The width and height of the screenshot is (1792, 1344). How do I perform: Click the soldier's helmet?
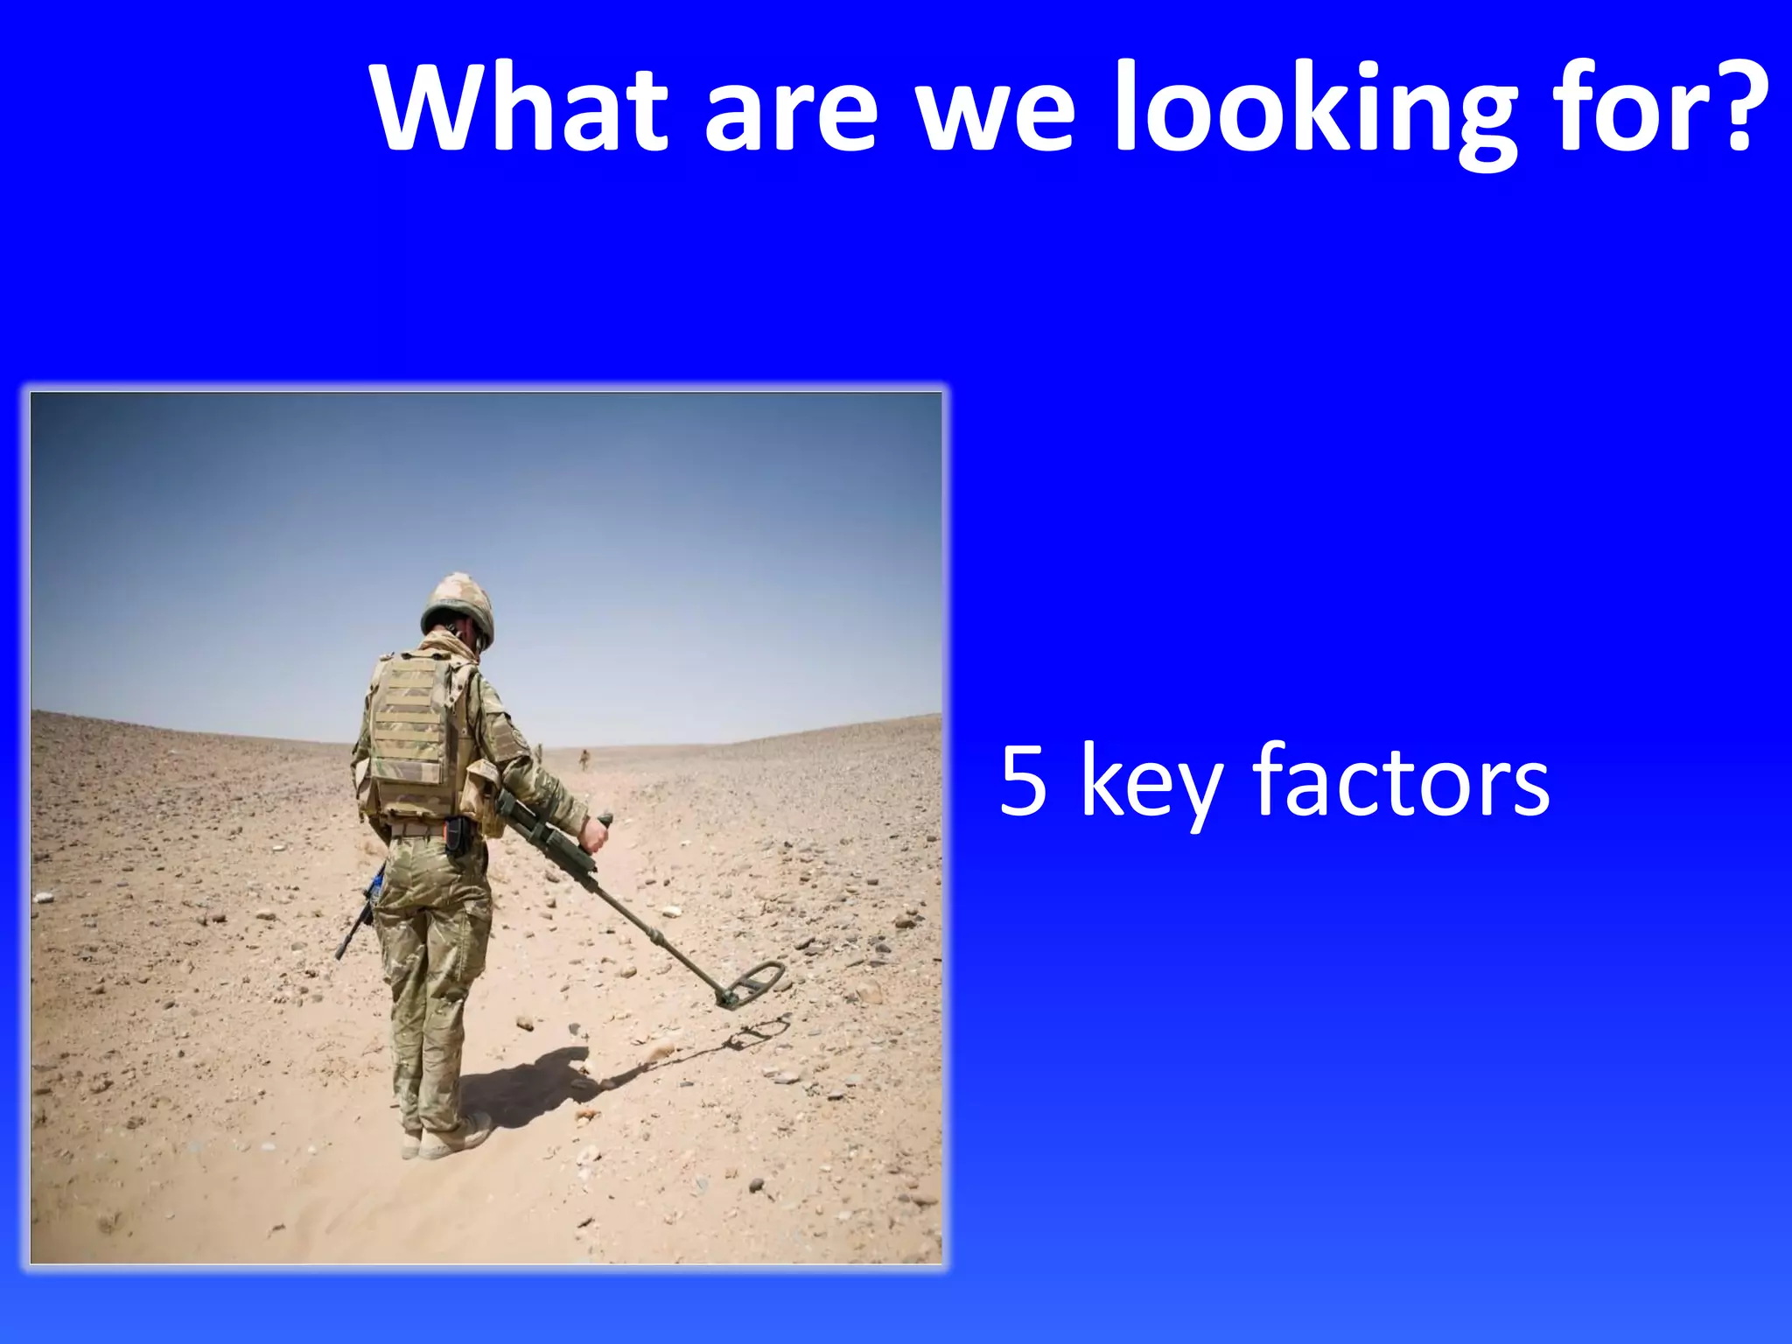click(x=458, y=604)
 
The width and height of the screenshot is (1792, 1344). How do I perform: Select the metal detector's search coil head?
click(x=752, y=983)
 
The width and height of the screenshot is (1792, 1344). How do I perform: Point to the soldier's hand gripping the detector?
click(x=595, y=836)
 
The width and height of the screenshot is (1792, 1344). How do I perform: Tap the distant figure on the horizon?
click(x=584, y=759)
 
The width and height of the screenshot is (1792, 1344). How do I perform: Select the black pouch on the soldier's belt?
click(x=456, y=836)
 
